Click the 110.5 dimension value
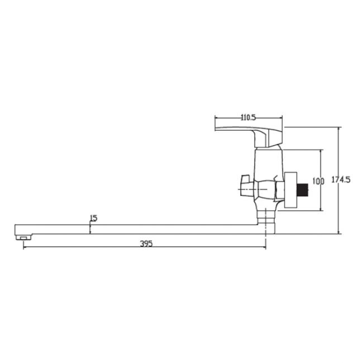coord(248,118)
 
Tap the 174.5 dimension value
coord(341,179)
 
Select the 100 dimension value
coord(318,181)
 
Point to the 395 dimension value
coord(146,243)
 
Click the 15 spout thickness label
coord(93,218)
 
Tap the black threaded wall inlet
coord(303,189)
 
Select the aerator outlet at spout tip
coord(23,237)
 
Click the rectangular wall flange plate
coord(290,190)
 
